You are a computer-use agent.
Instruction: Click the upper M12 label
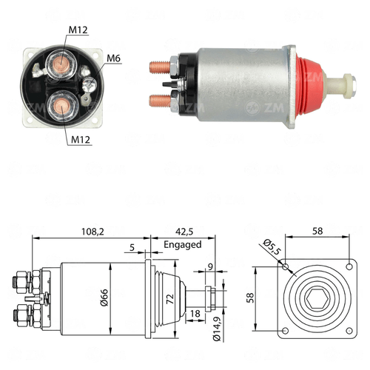point(78,30)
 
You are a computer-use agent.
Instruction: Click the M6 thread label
point(113,58)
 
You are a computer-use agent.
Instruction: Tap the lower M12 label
point(81,140)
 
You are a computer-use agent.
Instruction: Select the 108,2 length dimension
point(92,232)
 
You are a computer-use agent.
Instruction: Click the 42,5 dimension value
point(184,232)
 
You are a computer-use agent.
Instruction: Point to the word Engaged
point(183,244)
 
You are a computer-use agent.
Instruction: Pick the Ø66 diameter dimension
point(104,297)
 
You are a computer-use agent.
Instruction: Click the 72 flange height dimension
point(170,299)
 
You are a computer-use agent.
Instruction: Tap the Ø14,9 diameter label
point(217,328)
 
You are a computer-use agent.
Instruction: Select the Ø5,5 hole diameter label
point(272,246)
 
